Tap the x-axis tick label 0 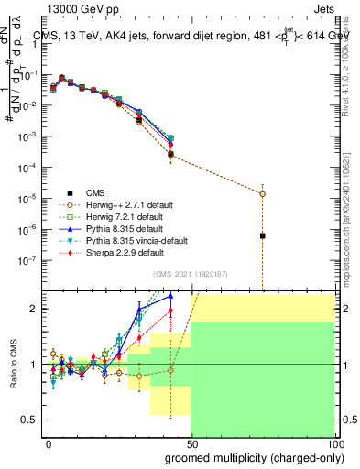pos(48,443)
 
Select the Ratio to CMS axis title pos(12,365)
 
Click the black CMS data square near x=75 pos(262,235)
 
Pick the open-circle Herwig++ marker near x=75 pos(262,193)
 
